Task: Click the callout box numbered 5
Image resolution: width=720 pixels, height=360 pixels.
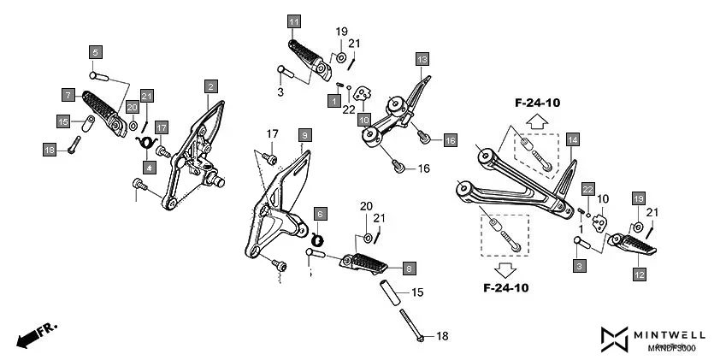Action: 96,52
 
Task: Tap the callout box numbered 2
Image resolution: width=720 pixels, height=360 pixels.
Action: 210,86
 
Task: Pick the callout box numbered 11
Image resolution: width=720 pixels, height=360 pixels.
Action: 294,21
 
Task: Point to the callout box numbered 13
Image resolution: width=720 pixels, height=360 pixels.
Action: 422,59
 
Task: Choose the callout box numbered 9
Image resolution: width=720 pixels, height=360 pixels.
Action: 304,135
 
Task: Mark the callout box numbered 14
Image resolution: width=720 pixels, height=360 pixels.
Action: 572,139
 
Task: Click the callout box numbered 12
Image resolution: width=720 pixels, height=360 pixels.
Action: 639,274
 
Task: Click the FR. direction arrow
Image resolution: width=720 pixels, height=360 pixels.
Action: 35,334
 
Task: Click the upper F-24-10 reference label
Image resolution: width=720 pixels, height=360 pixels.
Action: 537,103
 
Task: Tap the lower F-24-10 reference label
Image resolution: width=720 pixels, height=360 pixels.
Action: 505,288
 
